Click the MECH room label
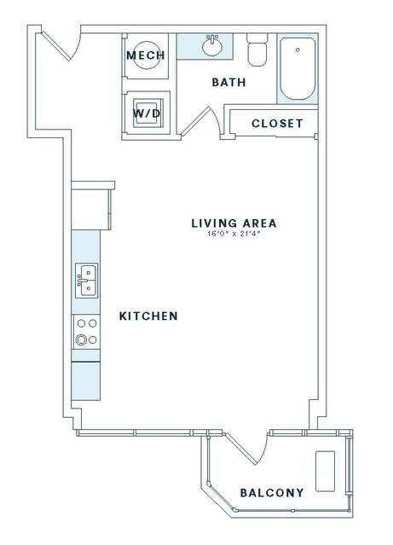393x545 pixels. [x=146, y=55]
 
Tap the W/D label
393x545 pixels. [x=147, y=113]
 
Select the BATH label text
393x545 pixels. [x=229, y=83]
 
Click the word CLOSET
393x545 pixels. [x=277, y=124]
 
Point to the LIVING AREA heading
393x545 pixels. [x=234, y=223]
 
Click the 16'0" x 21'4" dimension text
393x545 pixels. [x=234, y=234]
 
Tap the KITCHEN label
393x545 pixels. [x=148, y=316]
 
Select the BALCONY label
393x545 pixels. [x=272, y=492]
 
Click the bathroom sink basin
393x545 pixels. [x=212, y=47]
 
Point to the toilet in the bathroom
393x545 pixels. [x=257, y=49]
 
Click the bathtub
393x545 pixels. [x=298, y=68]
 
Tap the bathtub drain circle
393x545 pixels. [x=298, y=49]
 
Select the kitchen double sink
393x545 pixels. [x=86, y=281]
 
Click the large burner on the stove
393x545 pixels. [x=81, y=339]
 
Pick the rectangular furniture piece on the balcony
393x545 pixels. [x=325, y=472]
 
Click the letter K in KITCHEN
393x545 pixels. [x=123, y=316]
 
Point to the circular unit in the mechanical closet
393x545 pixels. [x=147, y=55]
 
